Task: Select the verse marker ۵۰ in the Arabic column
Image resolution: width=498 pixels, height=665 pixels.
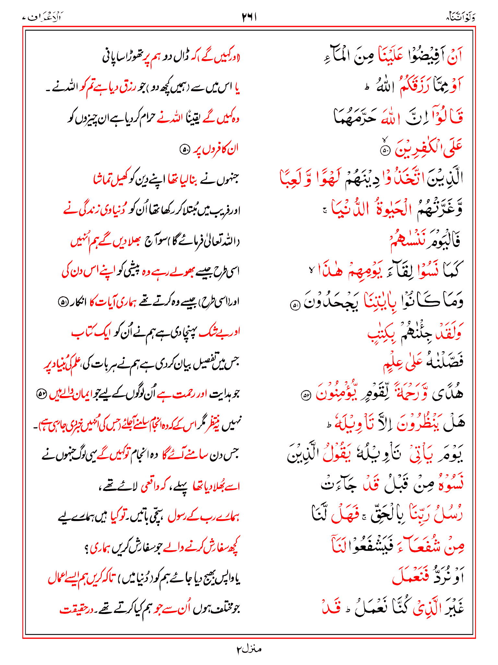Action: point(385,151)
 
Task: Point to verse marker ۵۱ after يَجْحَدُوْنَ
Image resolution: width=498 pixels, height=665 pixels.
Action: point(295,306)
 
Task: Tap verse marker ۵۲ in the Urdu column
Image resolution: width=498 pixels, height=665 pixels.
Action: point(41,394)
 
